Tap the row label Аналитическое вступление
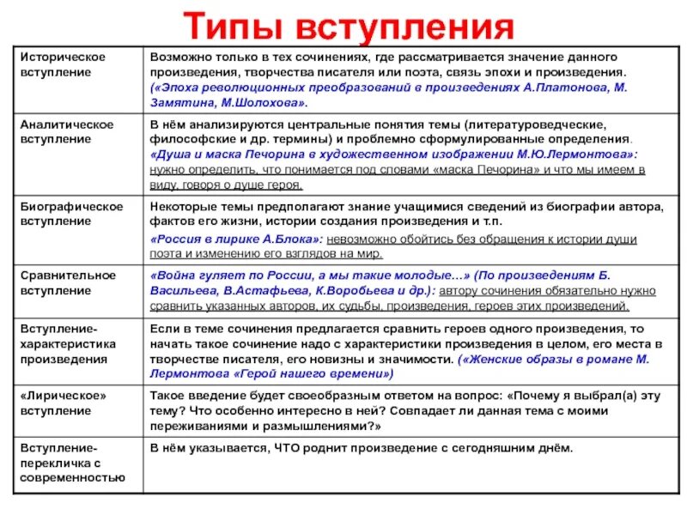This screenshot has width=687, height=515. [x=67, y=131]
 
